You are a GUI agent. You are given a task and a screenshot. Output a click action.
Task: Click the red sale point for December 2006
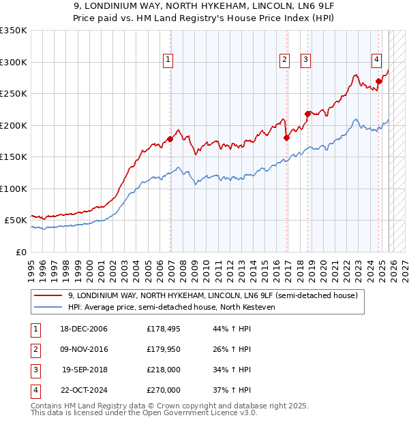(170, 139)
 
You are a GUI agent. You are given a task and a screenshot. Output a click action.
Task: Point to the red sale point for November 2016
(286, 137)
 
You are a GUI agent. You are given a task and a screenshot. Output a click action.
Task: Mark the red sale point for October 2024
(378, 81)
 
